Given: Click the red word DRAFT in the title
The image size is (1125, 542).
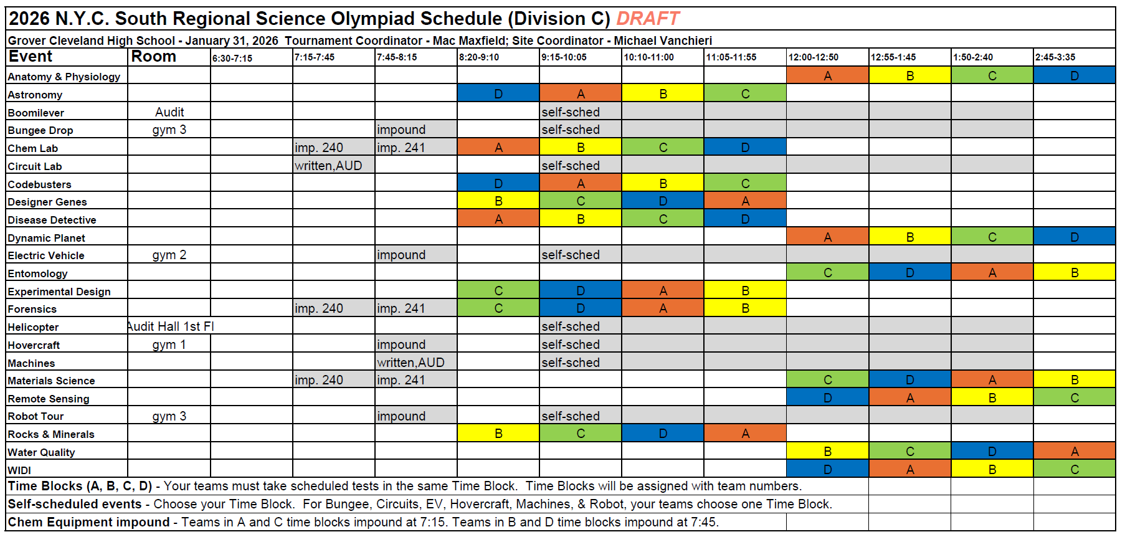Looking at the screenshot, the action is [648, 19].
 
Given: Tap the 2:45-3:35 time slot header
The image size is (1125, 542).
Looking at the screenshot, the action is [1055, 57].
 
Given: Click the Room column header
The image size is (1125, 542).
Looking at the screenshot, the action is [154, 57].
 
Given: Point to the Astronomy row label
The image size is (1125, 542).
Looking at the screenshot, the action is [35, 95].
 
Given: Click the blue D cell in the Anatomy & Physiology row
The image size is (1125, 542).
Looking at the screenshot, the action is [1075, 75].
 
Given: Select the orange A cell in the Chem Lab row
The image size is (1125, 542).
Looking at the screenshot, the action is [498, 148].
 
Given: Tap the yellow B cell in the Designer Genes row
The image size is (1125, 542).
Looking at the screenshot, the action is [498, 201].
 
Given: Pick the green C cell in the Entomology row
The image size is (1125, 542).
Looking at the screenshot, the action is [827, 273].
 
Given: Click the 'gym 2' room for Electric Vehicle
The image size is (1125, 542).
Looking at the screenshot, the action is [169, 255].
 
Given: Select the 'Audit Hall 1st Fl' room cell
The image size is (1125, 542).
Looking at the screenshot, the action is [171, 326].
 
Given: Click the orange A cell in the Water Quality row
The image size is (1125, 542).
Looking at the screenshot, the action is [1075, 452].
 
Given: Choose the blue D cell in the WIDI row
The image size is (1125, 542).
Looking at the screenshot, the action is [827, 469].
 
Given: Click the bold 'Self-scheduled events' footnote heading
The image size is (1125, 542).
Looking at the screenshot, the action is [75, 504].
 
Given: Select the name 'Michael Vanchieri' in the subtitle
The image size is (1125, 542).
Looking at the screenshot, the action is [663, 41].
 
